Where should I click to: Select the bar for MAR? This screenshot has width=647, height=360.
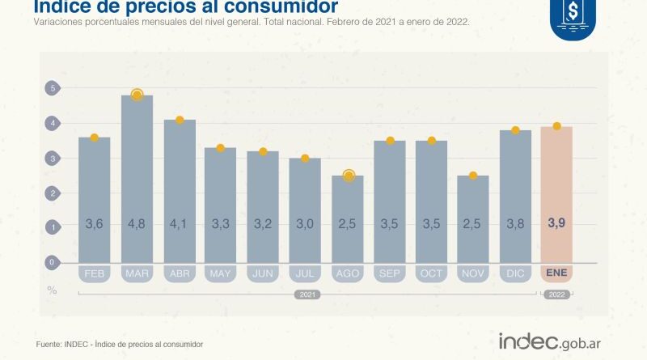(137, 178)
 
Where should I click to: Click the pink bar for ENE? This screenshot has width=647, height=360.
(556, 194)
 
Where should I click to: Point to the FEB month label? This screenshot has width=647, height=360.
(95, 273)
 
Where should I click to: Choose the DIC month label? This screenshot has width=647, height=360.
(514, 273)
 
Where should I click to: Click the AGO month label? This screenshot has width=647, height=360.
(347, 273)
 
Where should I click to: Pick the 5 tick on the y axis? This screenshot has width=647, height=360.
(52, 88)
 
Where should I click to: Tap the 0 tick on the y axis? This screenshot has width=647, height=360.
(52, 262)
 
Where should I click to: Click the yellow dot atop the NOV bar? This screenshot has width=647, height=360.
(473, 176)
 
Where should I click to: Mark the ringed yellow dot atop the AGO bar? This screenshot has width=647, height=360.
(348, 176)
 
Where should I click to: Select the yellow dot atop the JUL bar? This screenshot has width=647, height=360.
(305, 159)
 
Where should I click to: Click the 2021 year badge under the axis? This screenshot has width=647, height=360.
(305, 294)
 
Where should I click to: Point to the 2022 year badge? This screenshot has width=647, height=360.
(556, 294)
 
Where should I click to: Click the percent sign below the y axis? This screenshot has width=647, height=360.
(53, 288)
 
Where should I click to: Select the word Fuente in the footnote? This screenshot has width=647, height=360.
(50, 345)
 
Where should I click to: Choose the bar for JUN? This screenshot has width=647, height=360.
(263, 206)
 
